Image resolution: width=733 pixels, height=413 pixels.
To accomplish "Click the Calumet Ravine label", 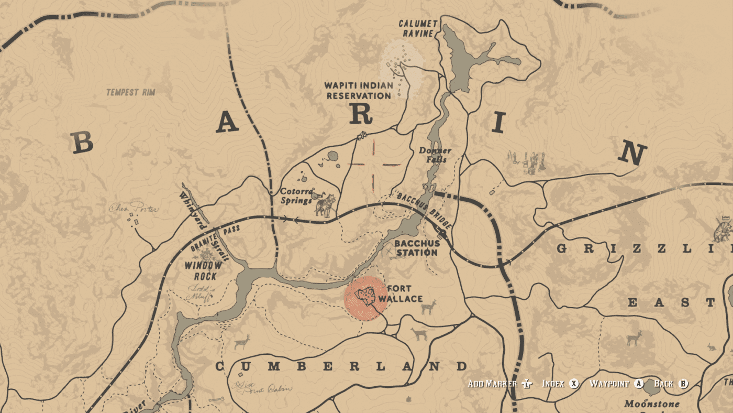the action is pyautogui.click(x=416, y=29).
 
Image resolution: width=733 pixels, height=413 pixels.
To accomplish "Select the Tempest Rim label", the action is pyautogui.click(x=131, y=93).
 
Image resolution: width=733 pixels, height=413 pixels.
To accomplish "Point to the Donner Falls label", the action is pyautogui.click(x=435, y=155).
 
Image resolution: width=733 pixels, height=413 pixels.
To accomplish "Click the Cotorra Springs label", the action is pyautogui.click(x=296, y=196).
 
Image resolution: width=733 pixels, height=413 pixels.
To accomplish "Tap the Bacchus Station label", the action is pyautogui.click(x=417, y=248).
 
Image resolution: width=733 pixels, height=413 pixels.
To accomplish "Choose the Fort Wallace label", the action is pyautogui.click(x=401, y=294).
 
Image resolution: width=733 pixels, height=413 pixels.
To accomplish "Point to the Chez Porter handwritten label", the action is pyautogui.click(x=134, y=209).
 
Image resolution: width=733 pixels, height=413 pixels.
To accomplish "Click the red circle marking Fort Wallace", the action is pyautogui.click(x=365, y=298).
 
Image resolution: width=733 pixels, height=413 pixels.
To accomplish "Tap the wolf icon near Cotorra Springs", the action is pyautogui.click(x=324, y=204).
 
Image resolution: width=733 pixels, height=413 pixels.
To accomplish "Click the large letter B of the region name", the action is pyautogui.click(x=82, y=143).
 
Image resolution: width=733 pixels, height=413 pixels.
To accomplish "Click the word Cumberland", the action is pyautogui.click(x=341, y=366).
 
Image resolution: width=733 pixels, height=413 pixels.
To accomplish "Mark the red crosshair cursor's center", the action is pyautogui.click(x=373, y=165).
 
